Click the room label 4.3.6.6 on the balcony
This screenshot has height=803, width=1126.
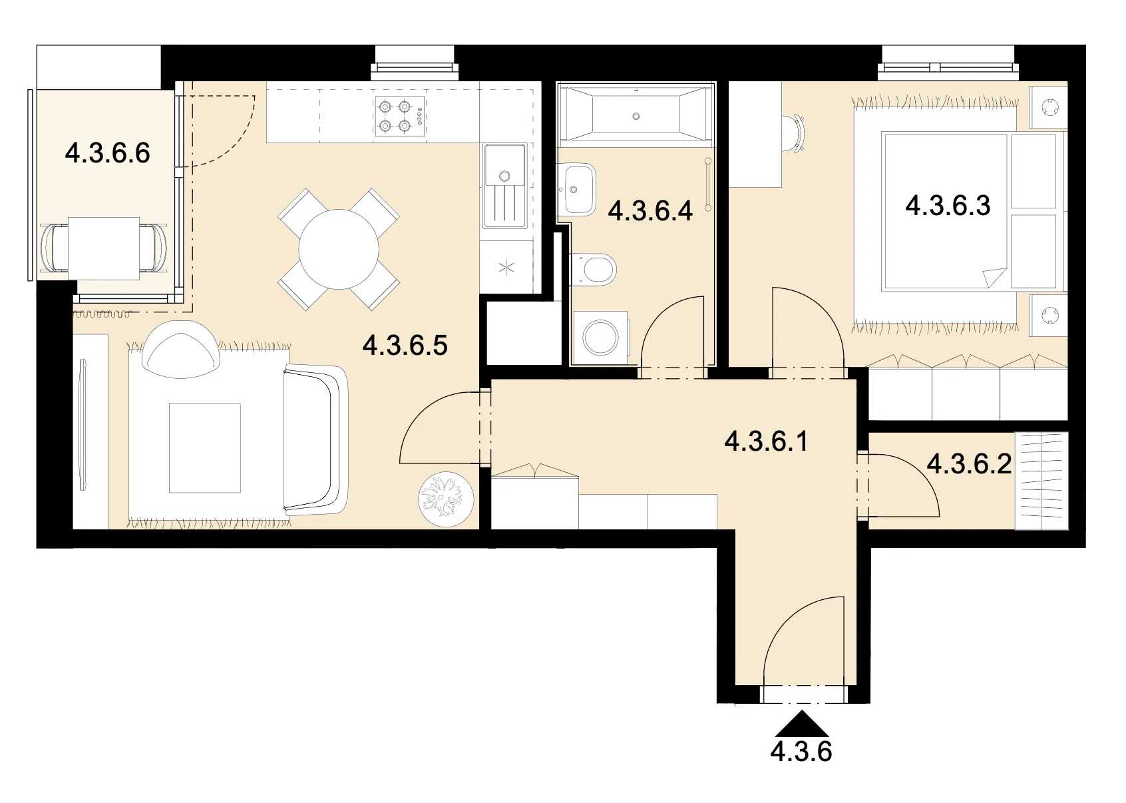(107, 153)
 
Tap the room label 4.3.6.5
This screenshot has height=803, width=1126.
(405, 346)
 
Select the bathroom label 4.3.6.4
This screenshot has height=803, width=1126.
(650, 210)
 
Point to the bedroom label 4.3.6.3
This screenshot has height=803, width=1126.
(948, 206)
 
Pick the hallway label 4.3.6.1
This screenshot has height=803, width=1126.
(766, 441)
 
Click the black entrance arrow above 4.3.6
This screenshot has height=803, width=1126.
(802, 724)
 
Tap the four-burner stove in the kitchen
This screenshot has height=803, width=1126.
(400, 116)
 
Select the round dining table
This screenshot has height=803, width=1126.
(339, 250)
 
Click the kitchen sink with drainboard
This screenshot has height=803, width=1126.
(504, 186)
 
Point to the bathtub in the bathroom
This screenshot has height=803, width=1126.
(636, 115)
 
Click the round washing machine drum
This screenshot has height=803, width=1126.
(600, 338)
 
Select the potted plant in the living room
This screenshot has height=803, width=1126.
(446, 499)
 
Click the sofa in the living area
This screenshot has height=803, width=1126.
(315, 441)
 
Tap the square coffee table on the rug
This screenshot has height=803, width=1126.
(204, 448)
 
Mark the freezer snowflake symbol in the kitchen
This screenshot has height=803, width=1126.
(506, 268)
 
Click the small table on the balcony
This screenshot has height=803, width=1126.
(104, 248)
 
